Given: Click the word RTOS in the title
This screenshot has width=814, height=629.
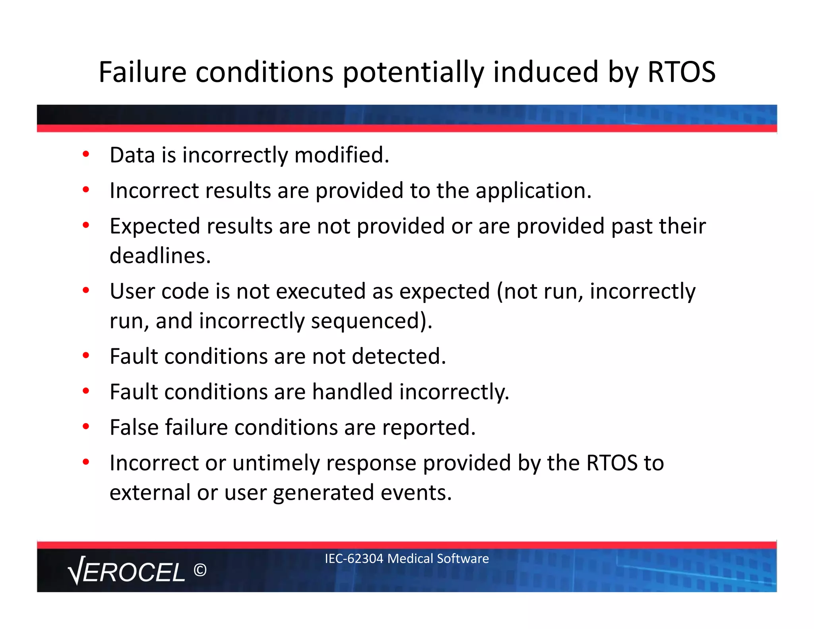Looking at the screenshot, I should pyautogui.click(x=681, y=72).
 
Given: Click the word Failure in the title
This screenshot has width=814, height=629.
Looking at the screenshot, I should pyautogui.click(x=142, y=72).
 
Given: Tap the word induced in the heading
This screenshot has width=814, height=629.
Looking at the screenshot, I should pyautogui.click(x=545, y=72).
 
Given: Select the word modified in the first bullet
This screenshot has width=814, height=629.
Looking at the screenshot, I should pyautogui.click(x=341, y=155).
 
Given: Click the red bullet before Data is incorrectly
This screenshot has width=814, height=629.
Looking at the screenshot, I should pyautogui.click(x=86, y=154).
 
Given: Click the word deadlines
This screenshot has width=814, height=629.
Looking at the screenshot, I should pyautogui.click(x=160, y=256).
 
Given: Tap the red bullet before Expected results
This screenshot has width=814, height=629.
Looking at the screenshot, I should pyautogui.click(x=86, y=225).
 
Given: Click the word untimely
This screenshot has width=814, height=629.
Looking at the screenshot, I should pyautogui.click(x=276, y=463).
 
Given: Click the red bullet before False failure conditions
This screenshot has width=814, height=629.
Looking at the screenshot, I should pyautogui.click(x=86, y=427).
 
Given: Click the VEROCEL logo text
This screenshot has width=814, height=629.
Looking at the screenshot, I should pyautogui.click(x=127, y=572).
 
